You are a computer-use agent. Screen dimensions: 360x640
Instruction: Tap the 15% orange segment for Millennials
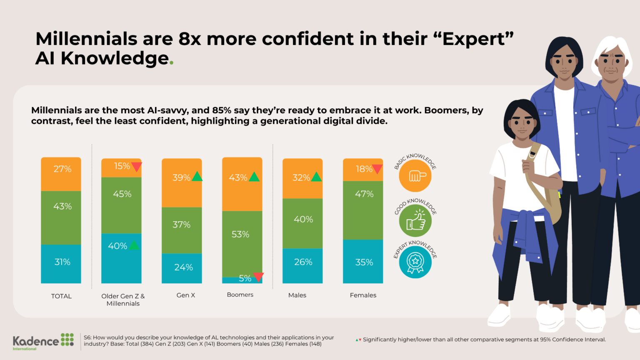point(121,167)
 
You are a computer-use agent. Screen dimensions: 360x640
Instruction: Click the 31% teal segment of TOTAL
point(61,264)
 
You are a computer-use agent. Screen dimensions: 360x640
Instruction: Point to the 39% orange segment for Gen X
point(182,183)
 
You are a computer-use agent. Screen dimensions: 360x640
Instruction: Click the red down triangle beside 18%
point(377,169)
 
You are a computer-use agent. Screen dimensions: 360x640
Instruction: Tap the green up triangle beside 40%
point(134,245)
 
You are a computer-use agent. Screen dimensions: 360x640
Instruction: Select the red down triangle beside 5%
point(258,277)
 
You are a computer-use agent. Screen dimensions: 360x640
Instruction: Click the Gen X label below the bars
point(186,295)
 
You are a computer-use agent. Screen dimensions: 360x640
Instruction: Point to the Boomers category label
point(240,295)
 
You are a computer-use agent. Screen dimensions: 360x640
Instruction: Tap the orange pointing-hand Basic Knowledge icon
point(415,176)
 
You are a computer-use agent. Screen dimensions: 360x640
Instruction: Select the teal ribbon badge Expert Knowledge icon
point(415,262)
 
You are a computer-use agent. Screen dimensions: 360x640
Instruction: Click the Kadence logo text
point(36,341)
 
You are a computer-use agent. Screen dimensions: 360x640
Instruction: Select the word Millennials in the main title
point(86,39)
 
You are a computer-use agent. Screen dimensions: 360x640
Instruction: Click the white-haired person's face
point(611,65)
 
